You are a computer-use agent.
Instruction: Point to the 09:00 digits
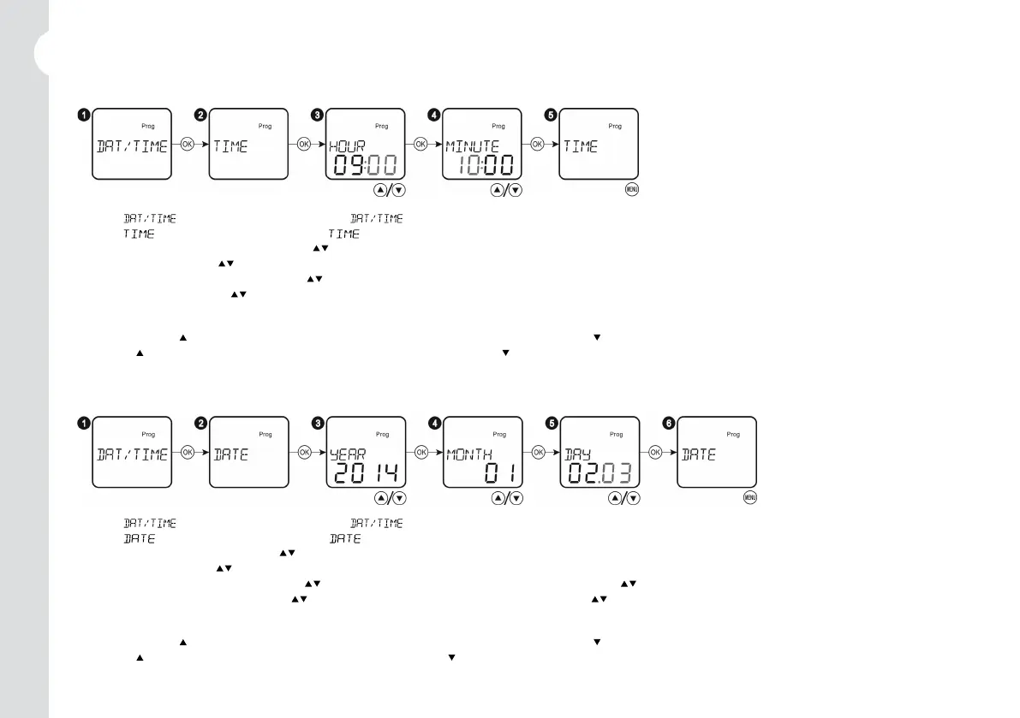point(364,165)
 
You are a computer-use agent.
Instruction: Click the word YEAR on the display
point(348,454)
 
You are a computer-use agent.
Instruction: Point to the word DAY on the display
point(576,454)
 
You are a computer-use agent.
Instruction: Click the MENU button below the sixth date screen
point(749,498)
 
